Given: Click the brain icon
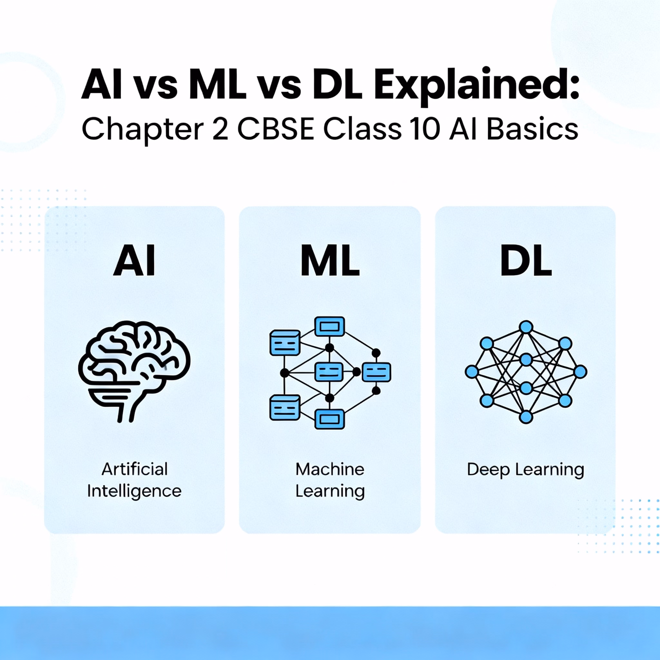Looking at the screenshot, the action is pos(134,371).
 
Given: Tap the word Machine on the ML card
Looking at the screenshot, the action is pos(330,469).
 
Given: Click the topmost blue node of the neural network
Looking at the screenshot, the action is pos(526,327).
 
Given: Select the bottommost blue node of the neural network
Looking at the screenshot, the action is pos(526,417).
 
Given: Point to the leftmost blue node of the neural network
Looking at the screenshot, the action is pos(471,371).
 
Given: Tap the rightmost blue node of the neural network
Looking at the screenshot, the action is pos(580,371).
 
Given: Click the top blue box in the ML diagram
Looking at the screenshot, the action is pos(330,326).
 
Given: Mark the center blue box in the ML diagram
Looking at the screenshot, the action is pos(329,372).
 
